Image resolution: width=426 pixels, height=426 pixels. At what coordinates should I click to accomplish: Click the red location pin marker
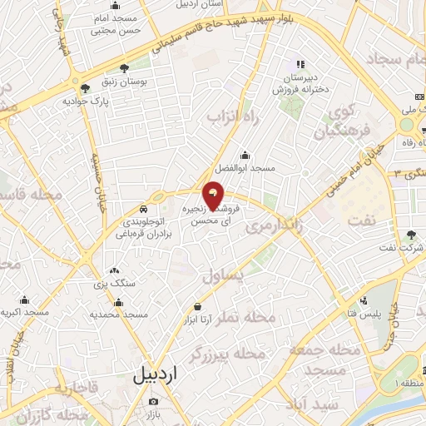[214, 195]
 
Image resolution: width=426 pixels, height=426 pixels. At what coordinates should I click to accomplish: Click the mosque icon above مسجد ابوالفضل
[245, 155]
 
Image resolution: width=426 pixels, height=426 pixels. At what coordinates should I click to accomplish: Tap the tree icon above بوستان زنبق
[125, 69]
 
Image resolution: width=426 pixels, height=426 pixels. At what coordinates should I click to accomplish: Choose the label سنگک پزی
[114, 285]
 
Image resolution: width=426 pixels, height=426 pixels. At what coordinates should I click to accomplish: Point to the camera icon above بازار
[152, 401]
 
